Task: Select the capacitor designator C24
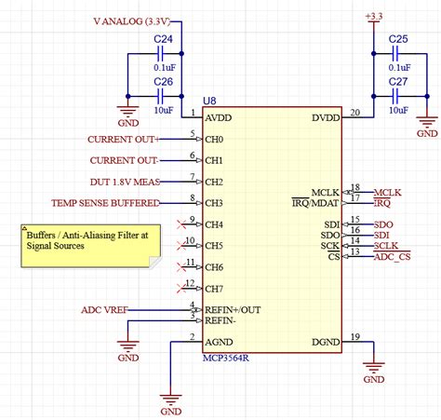(163, 39)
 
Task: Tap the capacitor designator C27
(397, 82)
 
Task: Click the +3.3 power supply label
(373, 17)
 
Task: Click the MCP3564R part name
(232, 357)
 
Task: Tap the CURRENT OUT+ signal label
(123, 140)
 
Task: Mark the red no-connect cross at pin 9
(180, 224)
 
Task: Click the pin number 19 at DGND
(354, 336)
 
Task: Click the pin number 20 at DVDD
(354, 113)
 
